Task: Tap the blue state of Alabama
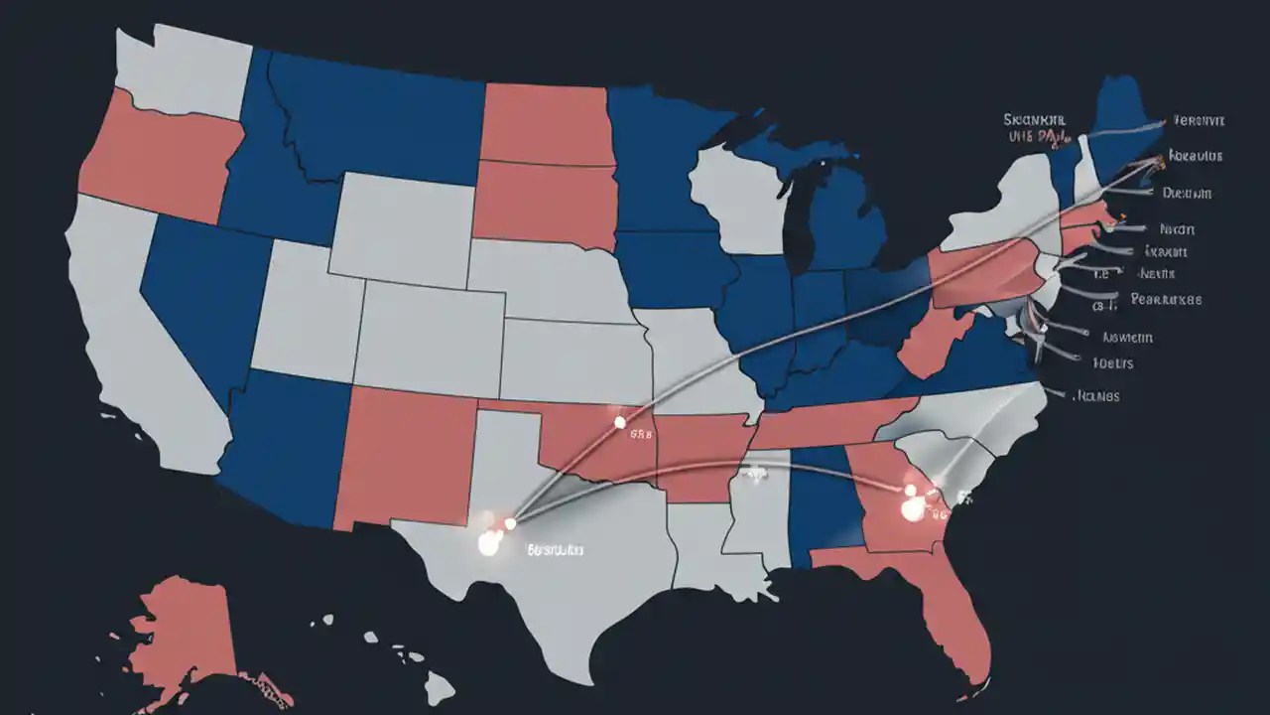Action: [x=824, y=501]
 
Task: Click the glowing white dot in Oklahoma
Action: [x=620, y=422]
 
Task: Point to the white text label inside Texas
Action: [x=555, y=548]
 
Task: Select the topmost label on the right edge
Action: [x=1198, y=120]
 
